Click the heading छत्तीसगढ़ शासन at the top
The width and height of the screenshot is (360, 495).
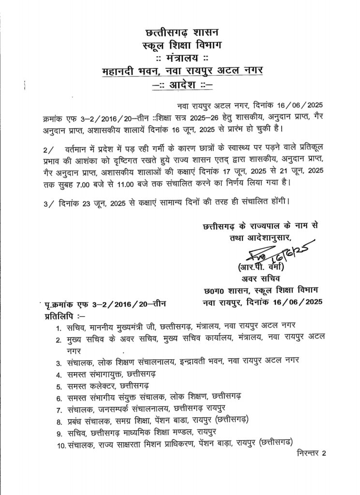tap(182, 33)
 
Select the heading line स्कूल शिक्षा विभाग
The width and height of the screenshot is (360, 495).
tap(182, 46)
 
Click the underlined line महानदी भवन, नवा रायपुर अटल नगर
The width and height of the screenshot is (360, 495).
tap(182, 72)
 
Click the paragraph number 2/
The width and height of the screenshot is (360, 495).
tap(45, 154)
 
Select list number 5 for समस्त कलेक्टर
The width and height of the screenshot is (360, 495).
tap(58, 387)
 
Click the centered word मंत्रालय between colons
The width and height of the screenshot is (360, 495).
tap(182, 58)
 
